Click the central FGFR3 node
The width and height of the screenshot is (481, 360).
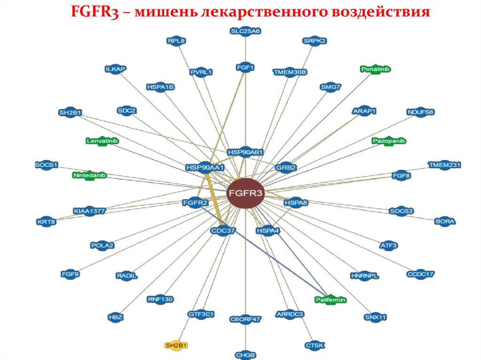tap(245, 193)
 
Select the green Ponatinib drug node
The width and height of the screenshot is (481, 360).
tap(376, 69)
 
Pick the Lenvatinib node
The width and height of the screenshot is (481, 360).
tap(102, 141)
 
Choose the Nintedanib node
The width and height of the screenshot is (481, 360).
tap(89, 176)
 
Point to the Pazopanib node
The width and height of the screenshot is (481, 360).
tap(388, 141)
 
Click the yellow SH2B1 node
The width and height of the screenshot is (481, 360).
tap(176, 345)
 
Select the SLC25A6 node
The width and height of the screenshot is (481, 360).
tap(245, 31)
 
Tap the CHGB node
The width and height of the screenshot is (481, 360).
tap(246, 355)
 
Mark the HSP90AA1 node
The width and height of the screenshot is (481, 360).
tap(205, 167)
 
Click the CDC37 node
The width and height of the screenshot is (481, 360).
tap(223, 230)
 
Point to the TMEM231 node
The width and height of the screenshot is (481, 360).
tap(444, 165)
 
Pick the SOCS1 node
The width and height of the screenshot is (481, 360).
tap(46, 165)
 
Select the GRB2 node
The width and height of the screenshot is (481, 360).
tap(286, 168)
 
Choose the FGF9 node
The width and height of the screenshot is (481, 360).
tap(70, 274)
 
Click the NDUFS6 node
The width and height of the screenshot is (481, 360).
tap(420, 112)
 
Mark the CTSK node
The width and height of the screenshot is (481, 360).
tap(315, 345)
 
